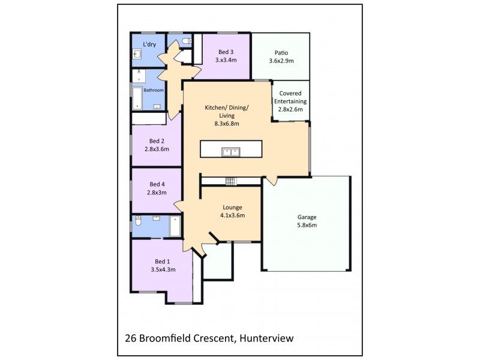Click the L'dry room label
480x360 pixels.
(149, 44)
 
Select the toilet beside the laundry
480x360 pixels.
(187, 40)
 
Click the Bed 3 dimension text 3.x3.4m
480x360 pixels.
(226, 60)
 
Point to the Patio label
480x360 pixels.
(281, 52)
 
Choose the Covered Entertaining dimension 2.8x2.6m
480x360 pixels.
(290, 109)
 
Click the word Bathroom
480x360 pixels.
(154, 90)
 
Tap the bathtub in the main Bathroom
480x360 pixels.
(137, 97)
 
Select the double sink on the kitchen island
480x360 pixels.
(231, 151)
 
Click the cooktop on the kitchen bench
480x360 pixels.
(229, 181)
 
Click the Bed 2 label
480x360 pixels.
(157, 141)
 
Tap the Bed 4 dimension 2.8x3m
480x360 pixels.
(157, 192)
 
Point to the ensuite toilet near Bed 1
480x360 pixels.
(137, 221)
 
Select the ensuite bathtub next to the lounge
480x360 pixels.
(175, 226)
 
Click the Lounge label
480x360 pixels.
(232, 207)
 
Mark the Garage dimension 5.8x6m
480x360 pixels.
(307, 225)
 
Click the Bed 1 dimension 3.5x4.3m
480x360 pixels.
(163, 269)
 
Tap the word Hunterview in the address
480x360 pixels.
(266, 338)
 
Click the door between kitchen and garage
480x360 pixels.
(269, 179)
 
